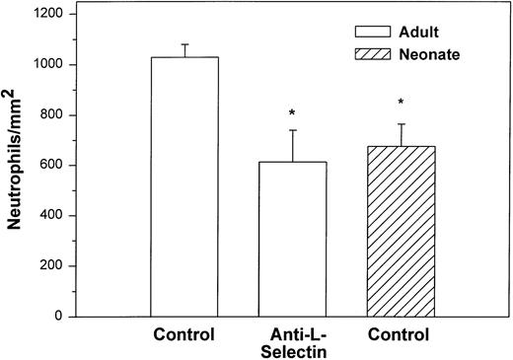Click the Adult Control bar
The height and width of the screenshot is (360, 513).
point(183,187)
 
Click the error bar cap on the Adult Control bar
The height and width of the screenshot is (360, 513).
point(183,44)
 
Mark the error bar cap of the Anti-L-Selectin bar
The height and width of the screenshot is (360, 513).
point(292,130)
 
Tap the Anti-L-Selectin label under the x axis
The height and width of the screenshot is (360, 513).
point(292,342)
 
